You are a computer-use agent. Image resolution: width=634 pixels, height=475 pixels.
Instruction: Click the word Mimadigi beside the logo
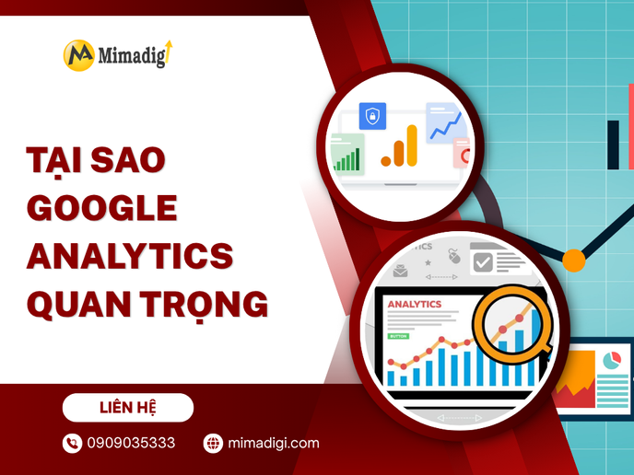(x=132, y=54)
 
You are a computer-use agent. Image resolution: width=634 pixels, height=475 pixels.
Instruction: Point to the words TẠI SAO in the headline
(x=95, y=159)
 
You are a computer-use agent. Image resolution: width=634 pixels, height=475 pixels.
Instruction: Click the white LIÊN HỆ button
(x=128, y=407)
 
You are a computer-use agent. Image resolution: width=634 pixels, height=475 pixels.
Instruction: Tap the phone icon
(x=72, y=444)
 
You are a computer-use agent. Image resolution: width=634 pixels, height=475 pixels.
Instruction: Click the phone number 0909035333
(x=131, y=444)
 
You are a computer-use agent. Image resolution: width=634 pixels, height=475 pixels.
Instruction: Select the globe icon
(x=213, y=444)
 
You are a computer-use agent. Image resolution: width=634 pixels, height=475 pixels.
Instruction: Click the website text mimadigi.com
(x=275, y=444)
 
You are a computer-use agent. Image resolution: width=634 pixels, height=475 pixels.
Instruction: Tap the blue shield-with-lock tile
(x=373, y=116)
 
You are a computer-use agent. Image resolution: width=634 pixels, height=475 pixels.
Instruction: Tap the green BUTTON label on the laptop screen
(x=398, y=336)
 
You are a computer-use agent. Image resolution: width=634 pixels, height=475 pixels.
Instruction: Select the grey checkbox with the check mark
(x=482, y=261)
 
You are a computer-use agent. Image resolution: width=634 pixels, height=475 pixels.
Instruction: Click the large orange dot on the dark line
(x=573, y=260)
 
